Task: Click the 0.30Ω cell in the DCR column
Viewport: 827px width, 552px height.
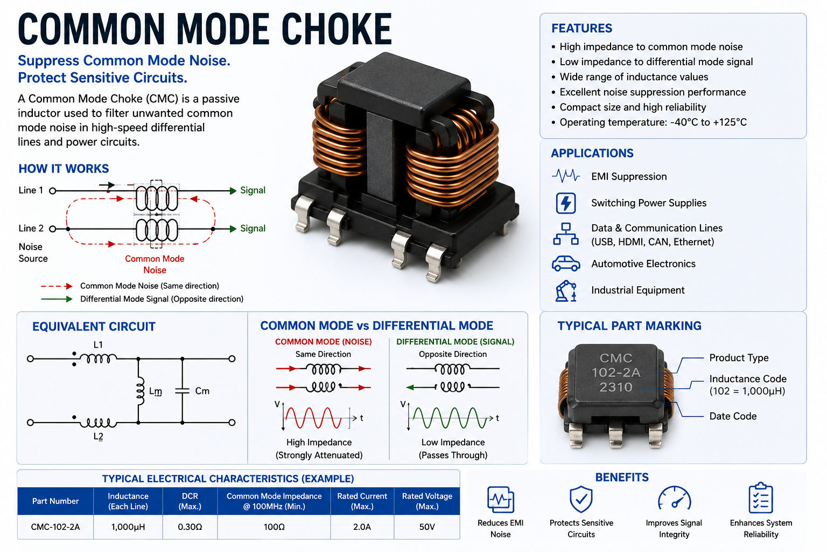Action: pos(190,527)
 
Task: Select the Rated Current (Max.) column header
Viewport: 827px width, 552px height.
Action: pos(362,501)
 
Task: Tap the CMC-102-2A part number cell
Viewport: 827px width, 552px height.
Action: pos(55,527)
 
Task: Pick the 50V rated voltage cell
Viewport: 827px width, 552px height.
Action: pos(427,527)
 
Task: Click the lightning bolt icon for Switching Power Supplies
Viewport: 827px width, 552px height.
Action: pos(566,203)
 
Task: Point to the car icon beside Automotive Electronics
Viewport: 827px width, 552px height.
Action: pos(566,264)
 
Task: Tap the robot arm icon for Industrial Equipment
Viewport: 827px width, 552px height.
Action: pos(566,291)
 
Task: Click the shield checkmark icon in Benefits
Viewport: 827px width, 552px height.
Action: pos(581,499)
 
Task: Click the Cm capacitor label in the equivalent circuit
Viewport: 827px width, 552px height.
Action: pos(202,391)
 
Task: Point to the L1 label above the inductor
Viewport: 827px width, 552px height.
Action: pos(98,344)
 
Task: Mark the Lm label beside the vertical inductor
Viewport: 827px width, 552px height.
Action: pos(156,391)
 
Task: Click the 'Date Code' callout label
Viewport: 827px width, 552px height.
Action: pos(733,416)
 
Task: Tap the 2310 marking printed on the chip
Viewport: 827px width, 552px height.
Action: pos(616,387)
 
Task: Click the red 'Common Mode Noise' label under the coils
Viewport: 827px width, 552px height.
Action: pos(155,264)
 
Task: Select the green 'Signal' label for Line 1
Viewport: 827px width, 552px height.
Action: pos(253,190)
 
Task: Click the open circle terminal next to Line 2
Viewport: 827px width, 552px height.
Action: pos(52,229)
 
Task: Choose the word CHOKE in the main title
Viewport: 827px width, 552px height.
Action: pos(337,29)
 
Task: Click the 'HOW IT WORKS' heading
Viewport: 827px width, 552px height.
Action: pos(64,169)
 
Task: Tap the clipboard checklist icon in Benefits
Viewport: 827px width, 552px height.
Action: pos(761,498)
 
